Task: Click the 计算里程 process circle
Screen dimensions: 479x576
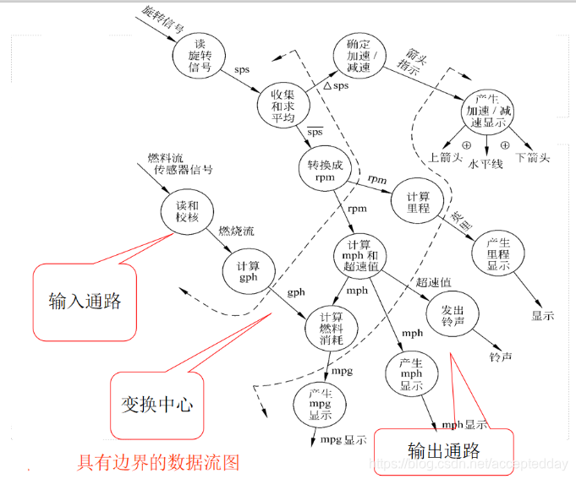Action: point(413,199)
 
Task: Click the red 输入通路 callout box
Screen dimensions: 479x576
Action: point(84,301)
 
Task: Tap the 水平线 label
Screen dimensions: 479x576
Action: point(485,163)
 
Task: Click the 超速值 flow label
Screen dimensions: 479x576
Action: point(433,281)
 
